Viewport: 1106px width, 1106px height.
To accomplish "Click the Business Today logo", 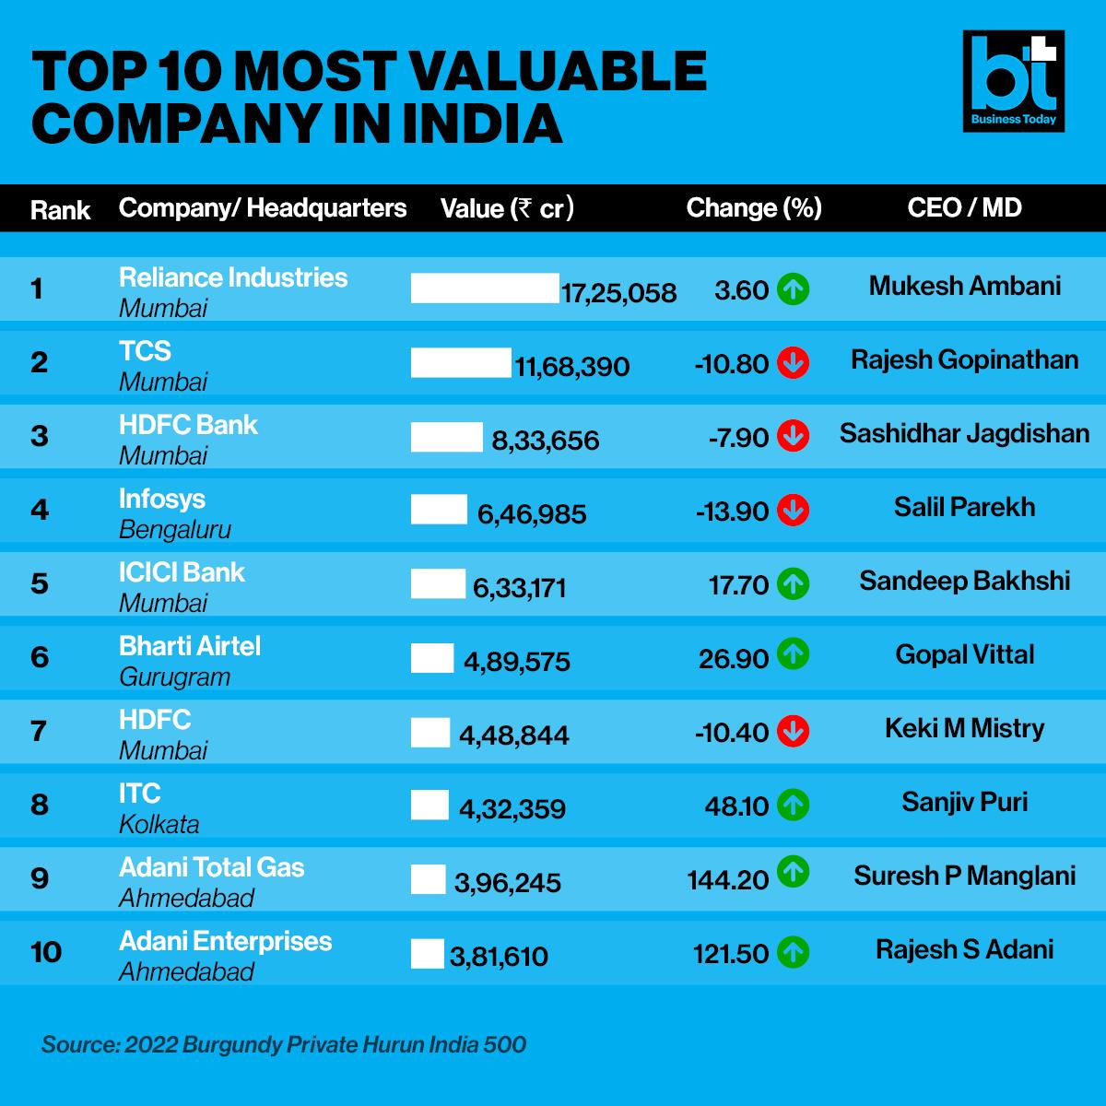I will click(x=1013, y=81).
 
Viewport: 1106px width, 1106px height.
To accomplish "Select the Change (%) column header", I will click(x=753, y=208).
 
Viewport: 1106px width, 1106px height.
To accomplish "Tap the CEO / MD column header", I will click(x=964, y=207).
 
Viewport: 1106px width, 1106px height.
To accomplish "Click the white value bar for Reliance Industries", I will click(x=485, y=288).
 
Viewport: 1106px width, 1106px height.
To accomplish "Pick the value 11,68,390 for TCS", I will click(x=571, y=367).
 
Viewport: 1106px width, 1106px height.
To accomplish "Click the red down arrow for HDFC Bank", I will click(x=793, y=436).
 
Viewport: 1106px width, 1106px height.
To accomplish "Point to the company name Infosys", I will click(x=162, y=499).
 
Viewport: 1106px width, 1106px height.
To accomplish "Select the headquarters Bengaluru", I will click(x=175, y=530).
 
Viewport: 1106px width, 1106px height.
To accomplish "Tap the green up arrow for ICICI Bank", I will click(x=793, y=583).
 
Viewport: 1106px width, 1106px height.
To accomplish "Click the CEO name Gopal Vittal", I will click(x=964, y=654).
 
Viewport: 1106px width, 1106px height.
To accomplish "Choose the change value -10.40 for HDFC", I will click(x=731, y=733).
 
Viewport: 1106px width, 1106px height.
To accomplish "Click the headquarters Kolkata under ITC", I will click(x=159, y=825).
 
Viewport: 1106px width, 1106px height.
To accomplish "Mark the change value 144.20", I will click(x=727, y=880).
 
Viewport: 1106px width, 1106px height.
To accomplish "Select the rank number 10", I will click(x=45, y=951).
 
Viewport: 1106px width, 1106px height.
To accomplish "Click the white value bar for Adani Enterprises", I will click(x=427, y=953).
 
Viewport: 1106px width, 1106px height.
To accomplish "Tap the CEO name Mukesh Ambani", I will click(x=964, y=286).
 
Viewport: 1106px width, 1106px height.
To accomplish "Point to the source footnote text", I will click(x=284, y=1045).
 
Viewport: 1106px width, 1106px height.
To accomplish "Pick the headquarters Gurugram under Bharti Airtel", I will click(x=174, y=677).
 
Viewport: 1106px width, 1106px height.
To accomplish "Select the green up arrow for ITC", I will click(x=793, y=805).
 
